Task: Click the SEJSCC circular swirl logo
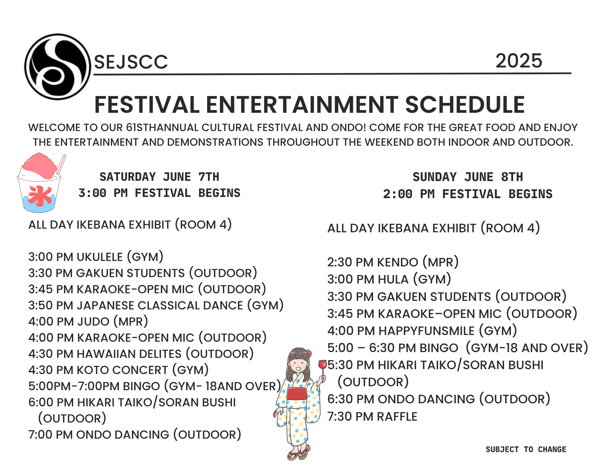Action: pyautogui.click(x=58, y=67)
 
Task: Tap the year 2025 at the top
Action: pyautogui.click(x=519, y=61)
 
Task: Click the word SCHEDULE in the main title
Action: pyautogui.click(x=465, y=105)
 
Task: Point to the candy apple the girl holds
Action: pyautogui.click(x=322, y=364)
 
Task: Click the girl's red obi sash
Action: pyautogui.click(x=297, y=393)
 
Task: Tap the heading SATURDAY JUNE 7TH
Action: pyautogui.click(x=159, y=177)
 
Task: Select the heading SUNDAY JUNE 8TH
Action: pyautogui.click(x=468, y=177)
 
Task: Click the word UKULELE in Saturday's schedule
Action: pyautogui.click(x=100, y=257)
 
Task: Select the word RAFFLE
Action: pyautogui.click(x=397, y=416)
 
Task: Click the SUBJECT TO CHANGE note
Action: pyautogui.click(x=526, y=449)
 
